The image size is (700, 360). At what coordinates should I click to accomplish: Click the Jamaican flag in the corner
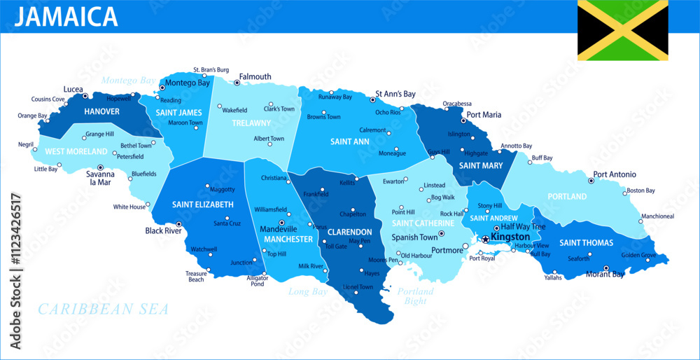(x=622, y=30)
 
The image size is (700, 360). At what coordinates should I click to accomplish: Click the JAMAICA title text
(x=66, y=16)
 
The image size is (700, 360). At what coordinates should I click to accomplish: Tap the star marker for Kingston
(x=486, y=240)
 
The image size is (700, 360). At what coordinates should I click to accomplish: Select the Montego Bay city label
(x=188, y=83)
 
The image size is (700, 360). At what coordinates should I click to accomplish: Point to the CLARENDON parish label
(x=350, y=232)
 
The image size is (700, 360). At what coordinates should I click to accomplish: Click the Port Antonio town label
(x=615, y=174)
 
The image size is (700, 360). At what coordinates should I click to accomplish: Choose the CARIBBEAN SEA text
(x=103, y=309)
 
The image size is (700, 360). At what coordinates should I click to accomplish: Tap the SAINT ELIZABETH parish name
(x=203, y=205)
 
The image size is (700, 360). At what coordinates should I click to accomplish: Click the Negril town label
(x=27, y=145)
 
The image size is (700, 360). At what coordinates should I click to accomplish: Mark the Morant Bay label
(x=605, y=275)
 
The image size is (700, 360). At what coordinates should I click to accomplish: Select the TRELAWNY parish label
(x=251, y=123)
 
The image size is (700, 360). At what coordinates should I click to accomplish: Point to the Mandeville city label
(x=279, y=229)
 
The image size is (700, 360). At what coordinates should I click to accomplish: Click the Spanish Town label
(x=414, y=237)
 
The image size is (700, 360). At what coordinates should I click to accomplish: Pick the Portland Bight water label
(x=415, y=296)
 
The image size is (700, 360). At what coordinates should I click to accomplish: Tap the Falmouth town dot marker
(x=237, y=83)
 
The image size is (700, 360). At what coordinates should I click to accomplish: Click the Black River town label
(x=163, y=230)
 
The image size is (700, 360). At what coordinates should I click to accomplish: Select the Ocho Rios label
(x=388, y=112)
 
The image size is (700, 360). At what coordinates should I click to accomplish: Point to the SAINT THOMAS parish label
(x=586, y=243)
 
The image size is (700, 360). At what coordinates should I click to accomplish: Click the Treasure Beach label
(x=196, y=277)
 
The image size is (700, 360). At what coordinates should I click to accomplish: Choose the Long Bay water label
(x=308, y=291)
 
